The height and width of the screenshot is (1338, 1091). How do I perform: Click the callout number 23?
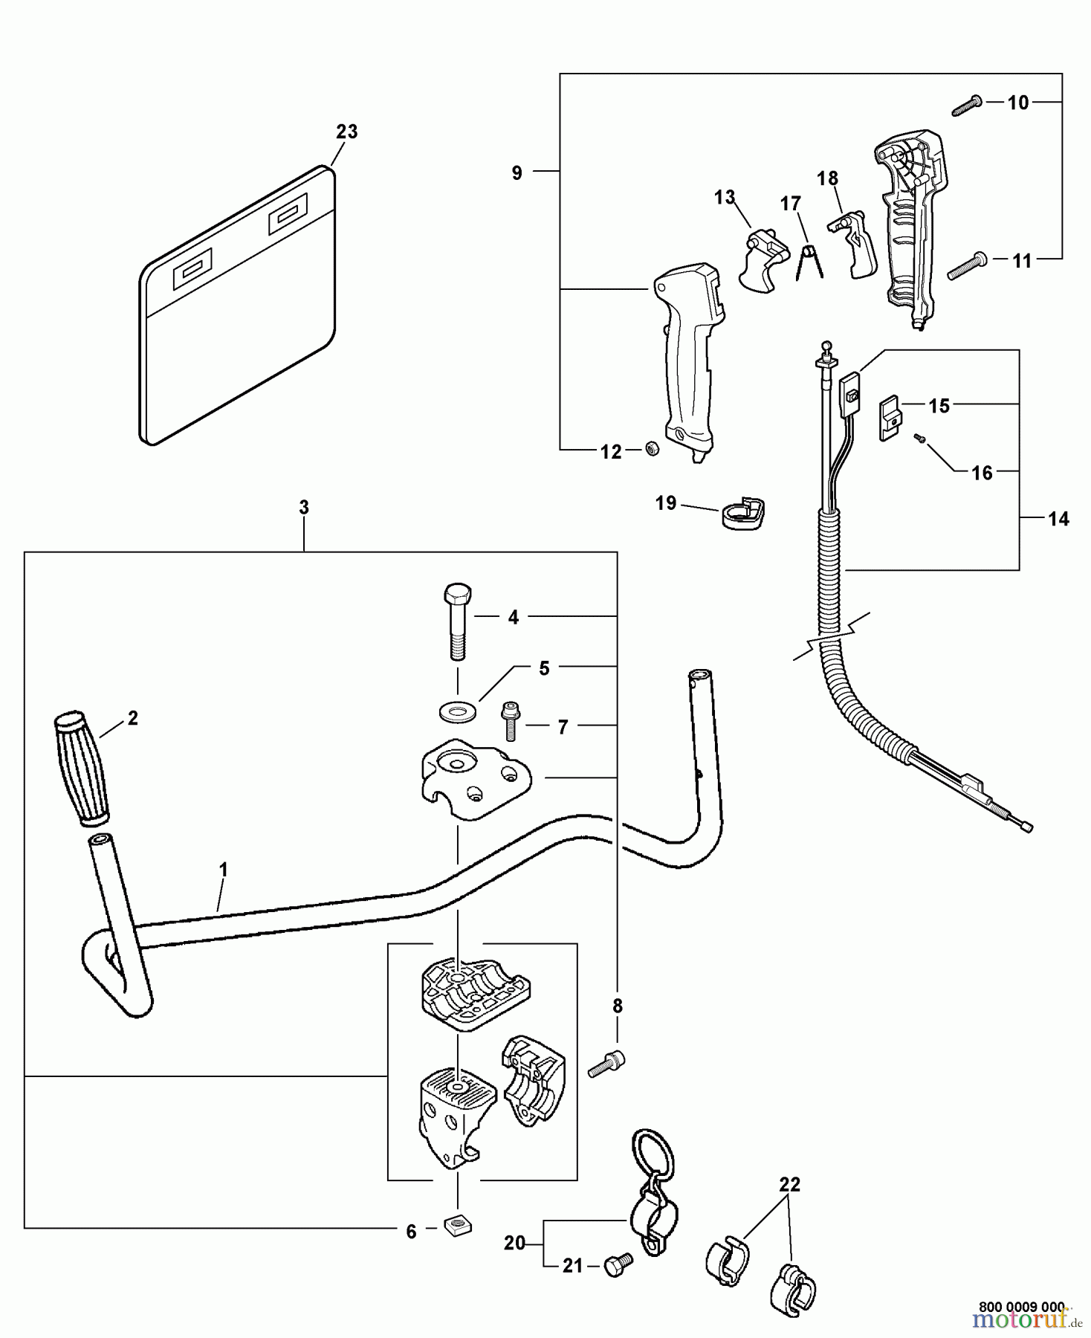tap(346, 132)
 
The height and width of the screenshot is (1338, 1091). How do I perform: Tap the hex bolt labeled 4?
tap(457, 621)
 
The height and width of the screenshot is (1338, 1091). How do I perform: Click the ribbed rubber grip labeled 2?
tap(81, 769)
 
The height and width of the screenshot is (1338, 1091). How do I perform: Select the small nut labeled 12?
tap(652, 448)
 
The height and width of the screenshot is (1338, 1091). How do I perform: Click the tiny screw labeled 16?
tap(919, 439)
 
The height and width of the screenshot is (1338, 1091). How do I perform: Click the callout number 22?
tap(789, 1185)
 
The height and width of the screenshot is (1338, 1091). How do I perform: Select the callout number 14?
tap(1058, 519)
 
